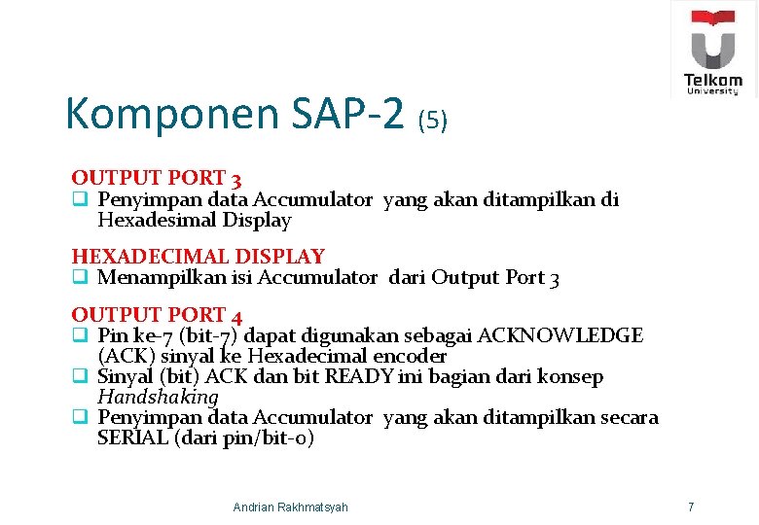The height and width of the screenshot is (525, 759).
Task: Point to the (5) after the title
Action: click(x=432, y=121)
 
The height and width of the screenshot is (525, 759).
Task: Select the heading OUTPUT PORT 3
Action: click(x=156, y=179)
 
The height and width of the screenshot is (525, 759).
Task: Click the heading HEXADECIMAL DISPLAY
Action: click(x=198, y=257)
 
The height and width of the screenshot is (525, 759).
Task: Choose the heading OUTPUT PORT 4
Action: click(x=156, y=315)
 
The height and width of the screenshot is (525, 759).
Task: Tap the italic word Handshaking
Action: click(x=158, y=397)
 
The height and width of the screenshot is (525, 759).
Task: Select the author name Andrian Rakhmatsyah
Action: click(x=290, y=507)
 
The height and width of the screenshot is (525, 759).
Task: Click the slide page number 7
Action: click(x=690, y=507)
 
